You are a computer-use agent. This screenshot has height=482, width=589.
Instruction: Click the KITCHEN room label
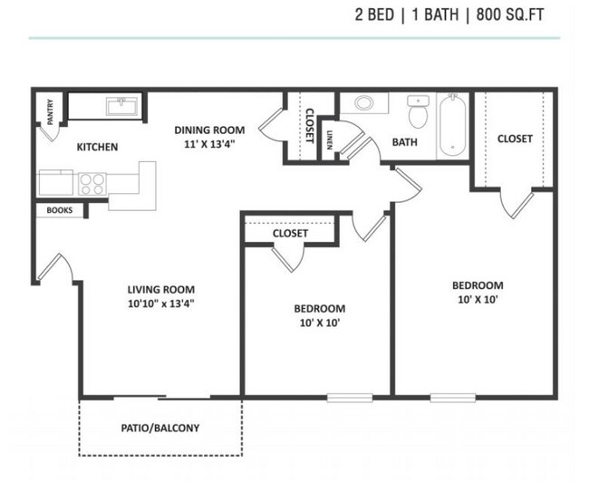[97, 147]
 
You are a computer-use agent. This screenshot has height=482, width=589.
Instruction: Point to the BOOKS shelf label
[59, 210]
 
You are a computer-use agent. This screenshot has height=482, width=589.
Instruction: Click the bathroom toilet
[418, 115]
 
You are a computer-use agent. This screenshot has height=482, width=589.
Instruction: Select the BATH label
[404, 142]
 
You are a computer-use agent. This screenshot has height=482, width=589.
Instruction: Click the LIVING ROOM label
[162, 290]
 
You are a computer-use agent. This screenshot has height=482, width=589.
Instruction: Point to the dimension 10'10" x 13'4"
[162, 304]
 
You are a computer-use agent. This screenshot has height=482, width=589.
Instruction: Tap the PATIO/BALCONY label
[160, 428]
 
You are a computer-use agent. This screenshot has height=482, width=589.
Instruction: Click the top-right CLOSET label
[515, 139]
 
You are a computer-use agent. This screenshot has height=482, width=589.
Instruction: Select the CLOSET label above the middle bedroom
[290, 233]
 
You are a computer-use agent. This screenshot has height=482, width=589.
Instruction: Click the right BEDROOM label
[477, 285]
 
